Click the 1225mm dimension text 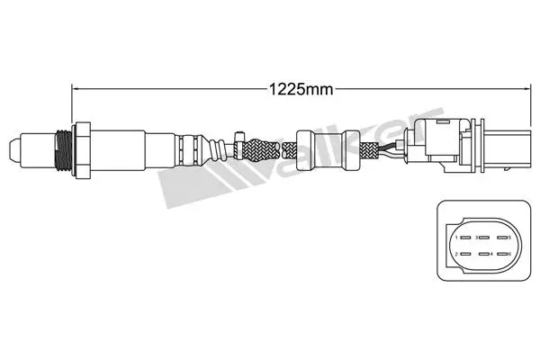(293, 88)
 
